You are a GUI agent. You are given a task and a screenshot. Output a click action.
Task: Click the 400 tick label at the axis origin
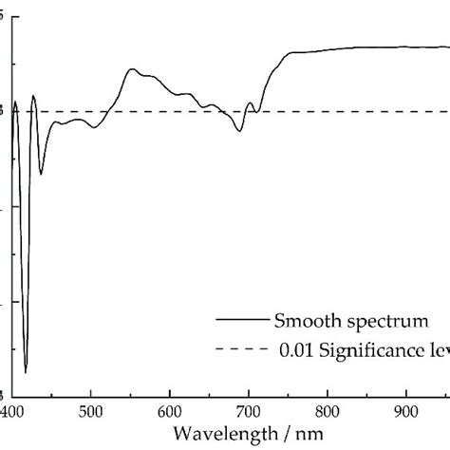pyautogui.click(x=12, y=411)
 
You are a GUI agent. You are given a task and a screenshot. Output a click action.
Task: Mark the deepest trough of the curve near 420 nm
pyautogui.click(x=26, y=371)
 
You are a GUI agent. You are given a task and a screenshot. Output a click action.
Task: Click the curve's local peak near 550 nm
pyautogui.click(x=131, y=69)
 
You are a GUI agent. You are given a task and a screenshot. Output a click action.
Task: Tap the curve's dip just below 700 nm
pyautogui.click(x=239, y=129)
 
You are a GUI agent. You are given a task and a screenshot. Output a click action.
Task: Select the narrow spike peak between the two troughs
pyautogui.click(x=33, y=95)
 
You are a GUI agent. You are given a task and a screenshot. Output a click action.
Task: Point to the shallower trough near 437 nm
pyautogui.click(x=41, y=174)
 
